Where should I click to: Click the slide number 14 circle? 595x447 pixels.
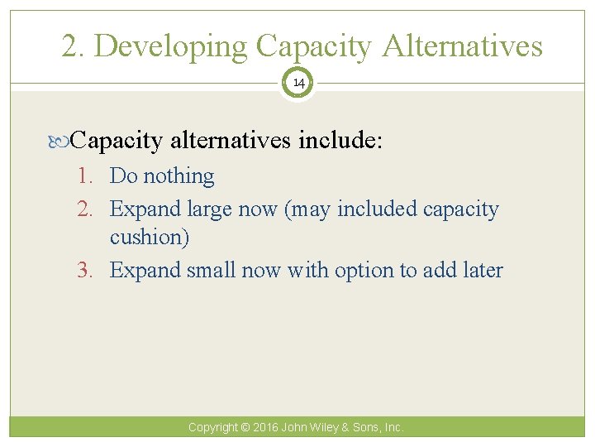pos(297,84)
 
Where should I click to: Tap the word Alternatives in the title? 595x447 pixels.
pos(462,46)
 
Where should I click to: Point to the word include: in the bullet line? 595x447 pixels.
pos(340,141)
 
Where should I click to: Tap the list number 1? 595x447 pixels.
pos(88,176)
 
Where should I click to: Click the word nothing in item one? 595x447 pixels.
pos(178,176)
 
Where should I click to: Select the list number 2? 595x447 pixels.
pos(88,209)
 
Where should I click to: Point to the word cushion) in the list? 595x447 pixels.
pos(150,238)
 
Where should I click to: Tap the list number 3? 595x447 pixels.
pos(88,271)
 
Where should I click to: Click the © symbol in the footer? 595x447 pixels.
pos(245,428)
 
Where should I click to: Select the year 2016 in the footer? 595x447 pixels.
pos(266,428)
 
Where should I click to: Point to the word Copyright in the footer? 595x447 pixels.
pos(212,428)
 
